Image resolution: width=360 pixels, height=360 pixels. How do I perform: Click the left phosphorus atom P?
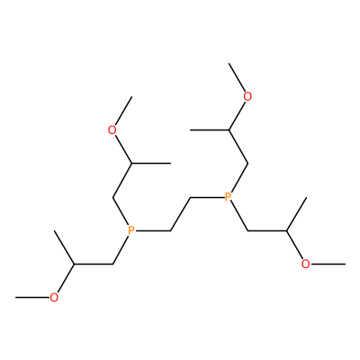click(x=131, y=230)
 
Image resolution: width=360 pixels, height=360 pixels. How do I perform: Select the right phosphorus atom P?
click(x=228, y=197)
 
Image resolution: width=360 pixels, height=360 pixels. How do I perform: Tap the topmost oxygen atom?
click(x=247, y=96)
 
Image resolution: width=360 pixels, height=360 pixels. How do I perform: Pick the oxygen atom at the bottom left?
click(x=54, y=298)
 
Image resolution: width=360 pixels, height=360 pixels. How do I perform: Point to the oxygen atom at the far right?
click(x=305, y=264)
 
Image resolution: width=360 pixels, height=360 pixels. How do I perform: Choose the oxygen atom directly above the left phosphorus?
click(x=112, y=130)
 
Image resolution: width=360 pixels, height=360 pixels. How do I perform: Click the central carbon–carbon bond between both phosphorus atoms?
click(x=181, y=214)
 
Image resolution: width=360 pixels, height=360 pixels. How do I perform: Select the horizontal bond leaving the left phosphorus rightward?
click(x=153, y=231)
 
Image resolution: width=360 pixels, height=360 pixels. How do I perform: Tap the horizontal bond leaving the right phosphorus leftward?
click(x=207, y=197)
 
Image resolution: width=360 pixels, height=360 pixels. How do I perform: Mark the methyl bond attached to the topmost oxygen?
click(x=237, y=77)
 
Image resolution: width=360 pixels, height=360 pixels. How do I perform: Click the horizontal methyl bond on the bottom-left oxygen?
click(x=32, y=298)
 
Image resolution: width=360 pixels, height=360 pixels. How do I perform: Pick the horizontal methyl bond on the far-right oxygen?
click(x=328, y=264)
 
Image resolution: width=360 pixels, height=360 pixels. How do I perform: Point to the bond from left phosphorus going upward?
click(x=121, y=211)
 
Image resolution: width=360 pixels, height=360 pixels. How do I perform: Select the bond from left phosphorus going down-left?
click(x=121, y=250)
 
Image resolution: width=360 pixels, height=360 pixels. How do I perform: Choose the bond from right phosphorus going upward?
click(x=239, y=178)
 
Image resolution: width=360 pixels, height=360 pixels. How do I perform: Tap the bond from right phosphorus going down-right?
click(x=239, y=217)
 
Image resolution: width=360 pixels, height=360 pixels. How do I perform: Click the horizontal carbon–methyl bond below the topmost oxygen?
click(x=210, y=130)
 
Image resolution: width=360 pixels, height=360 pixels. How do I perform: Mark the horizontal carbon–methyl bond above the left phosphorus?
click(x=151, y=164)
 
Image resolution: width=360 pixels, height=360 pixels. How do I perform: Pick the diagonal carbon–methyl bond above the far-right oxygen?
click(x=296, y=214)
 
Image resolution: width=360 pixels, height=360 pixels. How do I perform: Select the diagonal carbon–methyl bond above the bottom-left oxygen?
click(x=64, y=247)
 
